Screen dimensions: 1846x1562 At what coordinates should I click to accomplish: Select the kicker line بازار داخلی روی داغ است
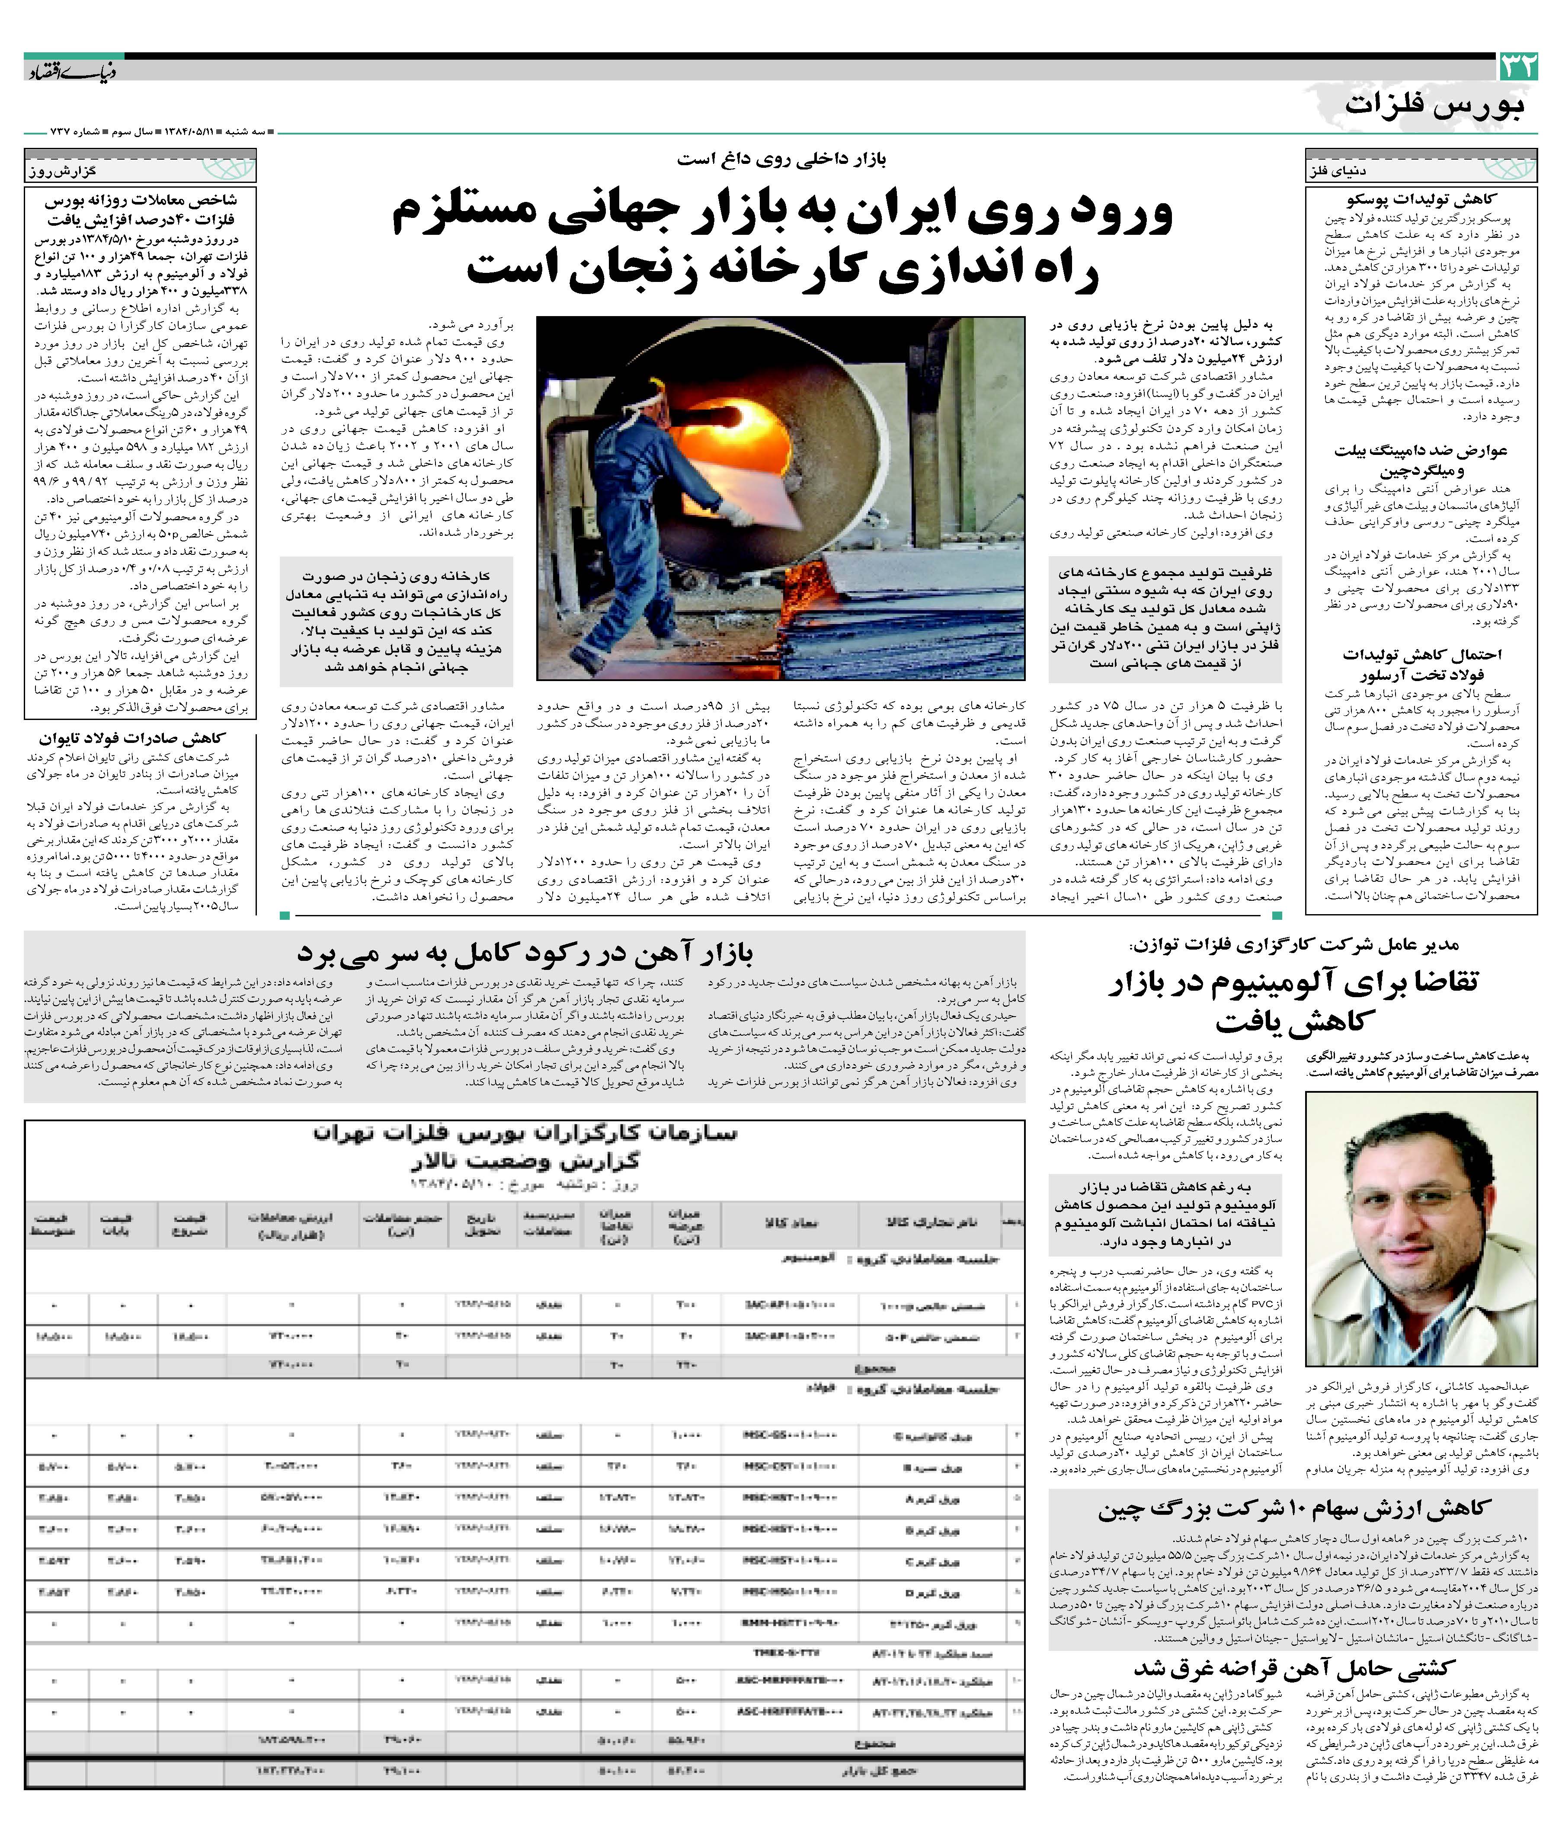781,160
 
